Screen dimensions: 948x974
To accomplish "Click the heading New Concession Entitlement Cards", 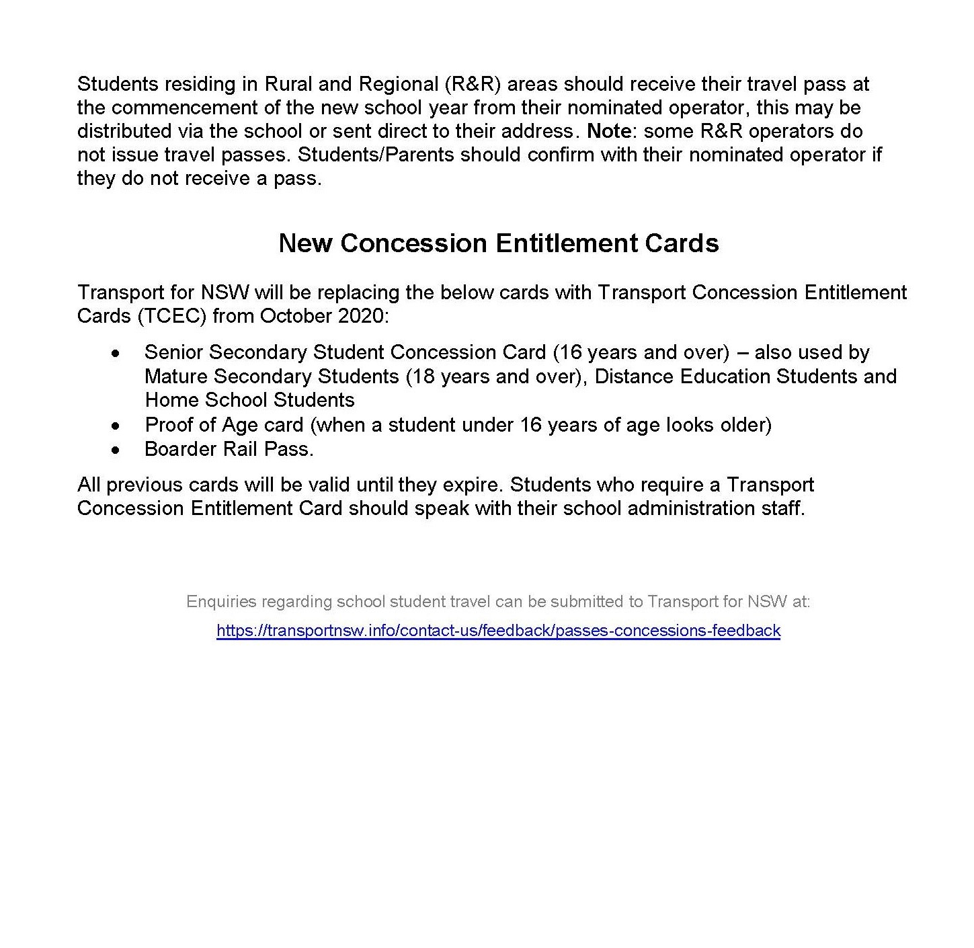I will pos(498,243).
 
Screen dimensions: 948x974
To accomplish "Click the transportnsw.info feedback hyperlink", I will pos(498,631).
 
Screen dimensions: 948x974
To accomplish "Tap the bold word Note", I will pos(609,131).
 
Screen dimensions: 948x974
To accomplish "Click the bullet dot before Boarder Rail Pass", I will pos(117,449).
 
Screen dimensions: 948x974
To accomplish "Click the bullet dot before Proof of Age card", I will pos(117,426).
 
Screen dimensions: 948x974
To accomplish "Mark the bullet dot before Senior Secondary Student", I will pos(117,353).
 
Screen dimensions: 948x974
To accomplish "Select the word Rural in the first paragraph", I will pos(287,84).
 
